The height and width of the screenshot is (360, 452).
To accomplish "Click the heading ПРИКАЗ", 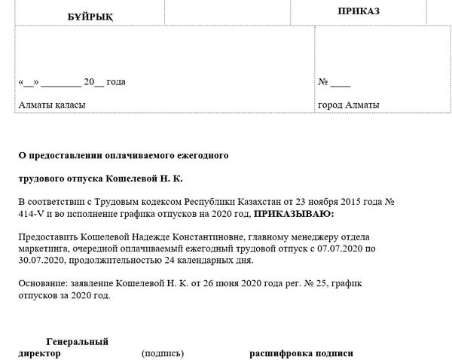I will click(x=359, y=11).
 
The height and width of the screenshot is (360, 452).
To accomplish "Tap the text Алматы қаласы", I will click(x=52, y=105).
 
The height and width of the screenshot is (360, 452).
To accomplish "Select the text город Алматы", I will click(x=349, y=105).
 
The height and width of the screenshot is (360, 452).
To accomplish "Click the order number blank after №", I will click(x=341, y=82).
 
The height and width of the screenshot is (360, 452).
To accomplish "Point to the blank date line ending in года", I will click(x=72, y=82).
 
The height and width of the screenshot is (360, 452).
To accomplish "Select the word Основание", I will click(x=41, y=283).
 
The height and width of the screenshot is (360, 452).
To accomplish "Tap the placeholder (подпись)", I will click(x=162, y=353).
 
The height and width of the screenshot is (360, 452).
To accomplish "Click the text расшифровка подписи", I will click(x=301, y=353).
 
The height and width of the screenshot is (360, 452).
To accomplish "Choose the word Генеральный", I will click(x=78, y=341).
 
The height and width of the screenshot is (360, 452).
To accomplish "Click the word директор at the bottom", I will click(x=39, y=353).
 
